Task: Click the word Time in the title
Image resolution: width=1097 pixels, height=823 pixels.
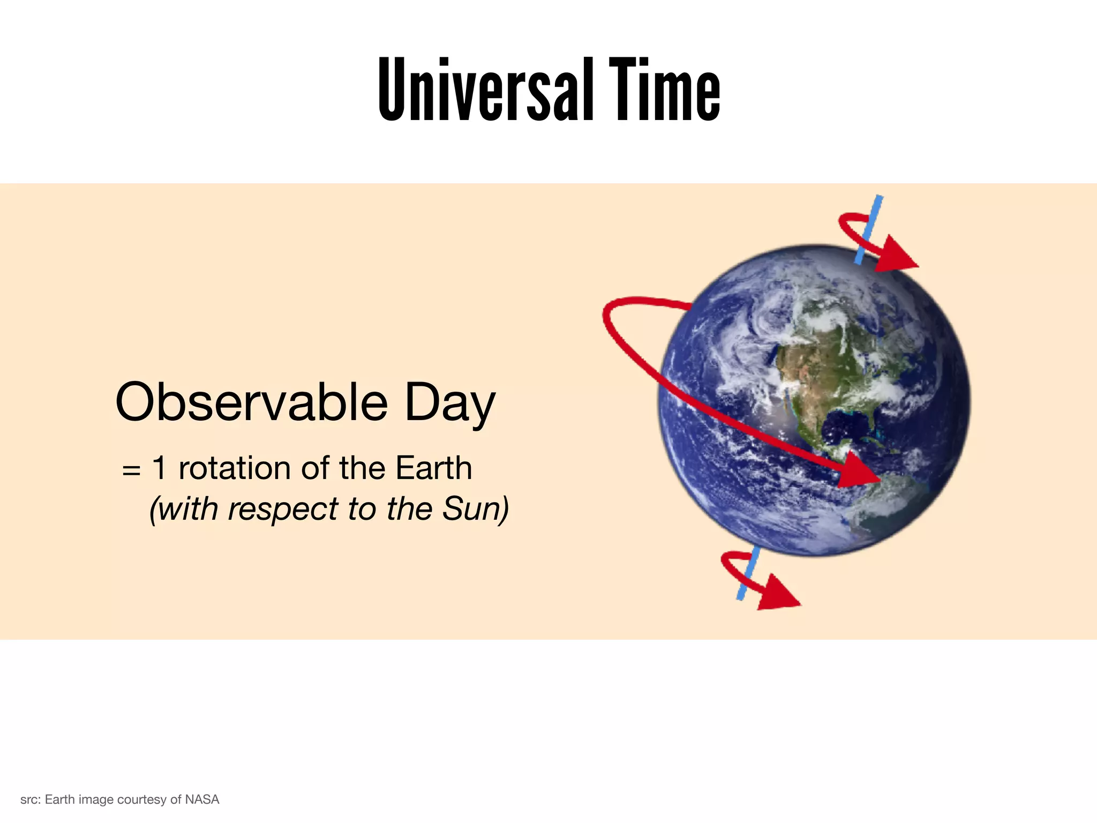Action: (x=664, y=90)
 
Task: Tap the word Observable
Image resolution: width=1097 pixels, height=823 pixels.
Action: (x=251, y=403)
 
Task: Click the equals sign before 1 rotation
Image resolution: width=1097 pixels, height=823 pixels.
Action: (x=131, y=470)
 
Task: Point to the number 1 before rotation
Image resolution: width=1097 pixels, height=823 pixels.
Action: (x=159, y=468)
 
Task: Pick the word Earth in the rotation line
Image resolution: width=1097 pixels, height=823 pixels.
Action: (x=434, y=468)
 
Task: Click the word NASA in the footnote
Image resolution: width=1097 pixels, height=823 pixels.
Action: (x=202, y=799)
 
